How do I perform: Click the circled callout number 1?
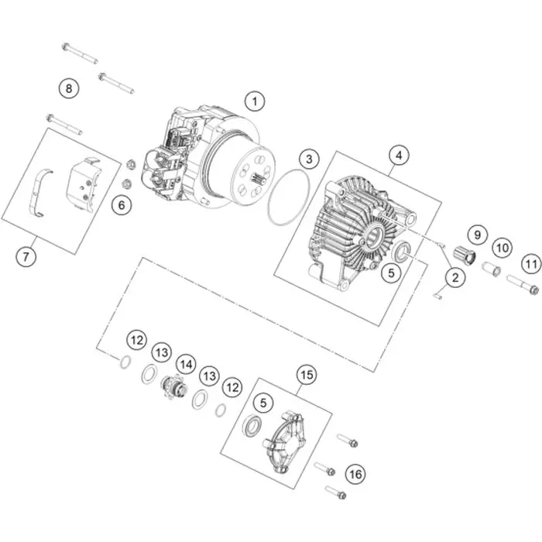255,101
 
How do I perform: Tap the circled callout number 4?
399,155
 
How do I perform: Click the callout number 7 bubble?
26,256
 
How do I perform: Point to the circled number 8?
68,88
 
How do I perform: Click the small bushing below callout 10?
491,269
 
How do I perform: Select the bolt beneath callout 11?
523,284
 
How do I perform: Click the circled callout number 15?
307,374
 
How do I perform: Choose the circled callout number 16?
355,474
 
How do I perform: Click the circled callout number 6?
122,205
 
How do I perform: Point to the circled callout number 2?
455,277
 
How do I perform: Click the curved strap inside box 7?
41,193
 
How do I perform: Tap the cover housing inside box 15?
286,442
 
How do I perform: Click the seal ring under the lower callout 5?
255,425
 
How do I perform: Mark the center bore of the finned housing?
373,237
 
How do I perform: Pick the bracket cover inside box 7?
82,184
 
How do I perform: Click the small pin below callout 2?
438,296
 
